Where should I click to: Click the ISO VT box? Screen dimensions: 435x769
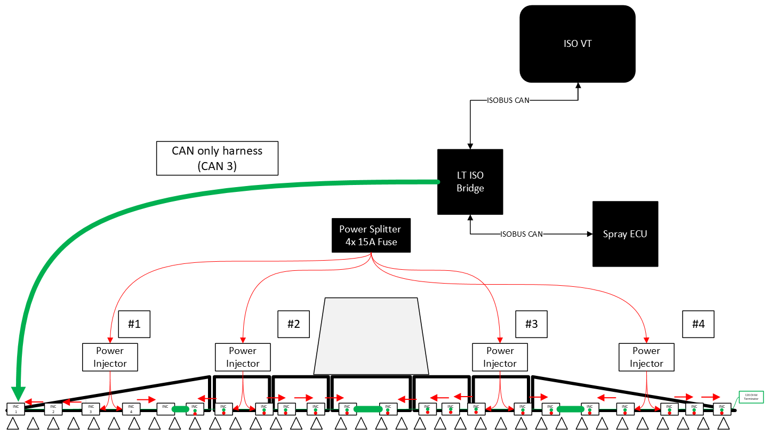pyautogui.click(x=578, y=44)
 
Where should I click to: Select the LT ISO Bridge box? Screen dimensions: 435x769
pyautogui.click(x=470, y=182)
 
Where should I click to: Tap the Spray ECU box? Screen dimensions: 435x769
pyautogui.click(x=625, y=234)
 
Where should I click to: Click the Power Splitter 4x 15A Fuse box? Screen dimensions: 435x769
pyautogui.click(x=371, y=236)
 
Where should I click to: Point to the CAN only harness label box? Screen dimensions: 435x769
pyautogui.click(x=217, y=158)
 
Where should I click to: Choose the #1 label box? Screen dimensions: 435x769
pyautogui.click(x=134, y=324)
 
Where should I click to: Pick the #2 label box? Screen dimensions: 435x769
pyautogui.click(x=293, y=324)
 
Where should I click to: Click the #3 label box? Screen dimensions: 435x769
pyautogui.click(x=531, y=324)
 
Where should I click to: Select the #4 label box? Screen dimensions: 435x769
pyautogui.click(x=698, y=324)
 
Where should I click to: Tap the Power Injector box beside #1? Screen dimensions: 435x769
pyautogui.click(x=110, y=357)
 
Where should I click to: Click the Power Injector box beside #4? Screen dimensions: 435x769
pyautogui.click(x=646, y=357)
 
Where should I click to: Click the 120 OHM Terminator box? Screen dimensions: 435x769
pyautogui.click(x=751, y=397)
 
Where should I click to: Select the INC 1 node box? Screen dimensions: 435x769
pyautogui.click(x=16, y=409)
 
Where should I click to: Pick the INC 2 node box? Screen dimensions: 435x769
pyautogui.click(x=53, y=409)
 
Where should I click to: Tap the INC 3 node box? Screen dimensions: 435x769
pyautogui.click(x=91, y=409)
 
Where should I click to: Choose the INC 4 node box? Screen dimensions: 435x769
pyautogui.click(x=131, y=409)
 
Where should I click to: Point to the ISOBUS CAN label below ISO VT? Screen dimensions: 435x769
pyautogui.click(x=508, y=100)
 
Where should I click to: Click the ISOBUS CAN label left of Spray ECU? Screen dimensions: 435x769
pyautogui.click(x=522, y=234)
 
